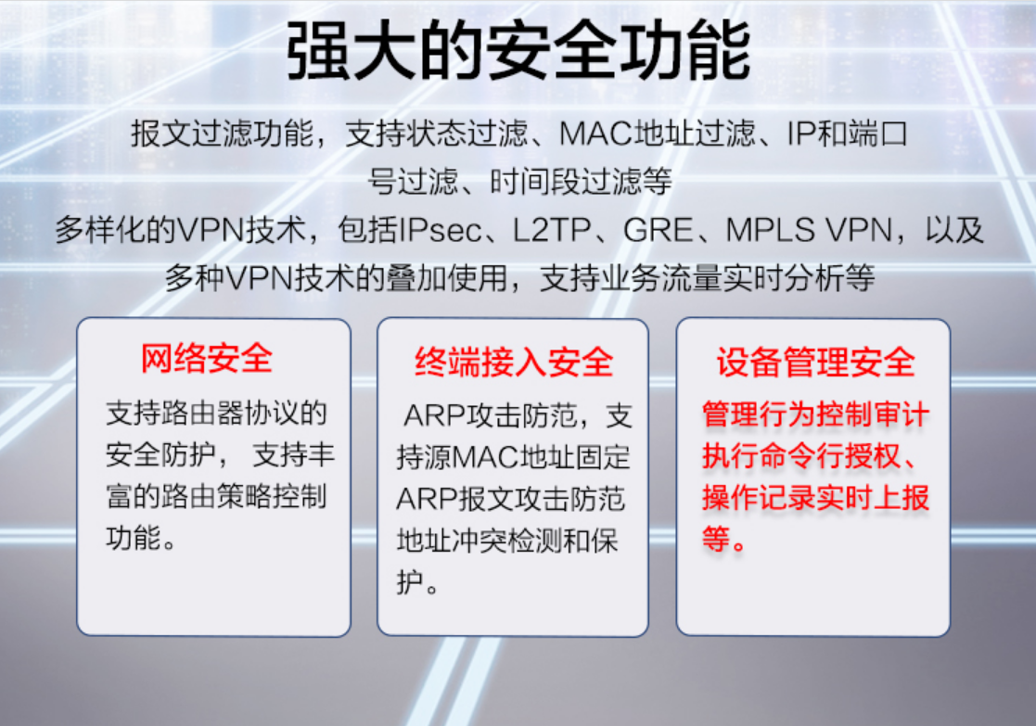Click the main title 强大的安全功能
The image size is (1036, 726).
click(518, 51)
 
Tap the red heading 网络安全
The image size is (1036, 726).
click(207, 359)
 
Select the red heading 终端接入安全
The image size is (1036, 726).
click(514, 362)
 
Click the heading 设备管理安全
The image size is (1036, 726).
click(816, 362)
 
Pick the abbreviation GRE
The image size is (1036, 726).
click(659, 231)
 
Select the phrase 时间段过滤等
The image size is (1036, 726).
click(581, 181)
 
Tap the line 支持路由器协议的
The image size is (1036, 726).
click(217, 414)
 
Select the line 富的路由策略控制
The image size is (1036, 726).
click(217, 496)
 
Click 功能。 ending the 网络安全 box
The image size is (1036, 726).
click(141, 538)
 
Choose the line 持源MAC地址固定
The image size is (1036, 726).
click(514, 457)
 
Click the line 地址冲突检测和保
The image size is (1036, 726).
click(507, 541)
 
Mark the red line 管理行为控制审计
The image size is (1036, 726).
click(816, 414)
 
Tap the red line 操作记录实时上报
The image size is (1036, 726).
click(816, 497)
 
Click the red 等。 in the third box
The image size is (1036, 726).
click(724, 540)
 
